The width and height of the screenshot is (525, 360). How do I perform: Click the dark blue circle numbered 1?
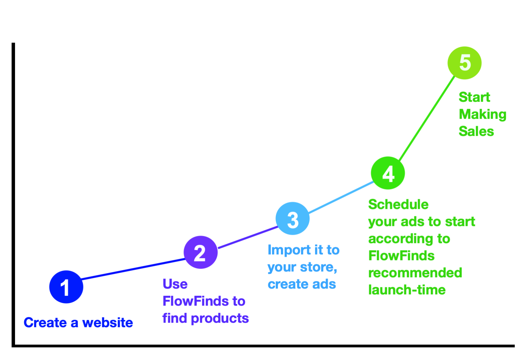click(x=66, y=286)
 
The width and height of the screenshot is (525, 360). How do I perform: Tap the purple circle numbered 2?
click(x=201, y=252)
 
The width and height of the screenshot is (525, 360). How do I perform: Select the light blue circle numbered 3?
click(x=293, y=218)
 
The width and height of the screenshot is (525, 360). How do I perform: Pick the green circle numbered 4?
click(x=388, y=173)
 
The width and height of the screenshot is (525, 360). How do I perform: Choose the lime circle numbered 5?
click(x=465, y=63)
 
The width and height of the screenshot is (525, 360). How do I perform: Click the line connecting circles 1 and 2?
click(x=133, y=269)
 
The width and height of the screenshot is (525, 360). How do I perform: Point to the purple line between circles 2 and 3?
click(x=247, y=237)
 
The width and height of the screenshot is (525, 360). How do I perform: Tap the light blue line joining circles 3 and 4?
click(x=341, y=197)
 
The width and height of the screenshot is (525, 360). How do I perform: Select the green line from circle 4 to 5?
click(x=427, y=118)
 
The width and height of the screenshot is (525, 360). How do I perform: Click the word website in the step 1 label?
click(x=108, y=323)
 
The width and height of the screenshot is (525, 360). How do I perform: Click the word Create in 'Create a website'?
click(x=45, y=323)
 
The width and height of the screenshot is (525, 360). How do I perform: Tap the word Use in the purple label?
click(x=175, y=284)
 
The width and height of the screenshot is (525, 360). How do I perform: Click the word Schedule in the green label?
click(x=399, y=204)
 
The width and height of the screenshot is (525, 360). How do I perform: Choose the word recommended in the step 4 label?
click(x=415, y=273)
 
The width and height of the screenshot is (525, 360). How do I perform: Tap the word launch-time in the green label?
click(x=407, y=290)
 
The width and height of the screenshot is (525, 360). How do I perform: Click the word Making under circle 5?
click(x=483, y=115)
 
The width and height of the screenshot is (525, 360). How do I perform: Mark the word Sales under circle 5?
click(x=476, y=131)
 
